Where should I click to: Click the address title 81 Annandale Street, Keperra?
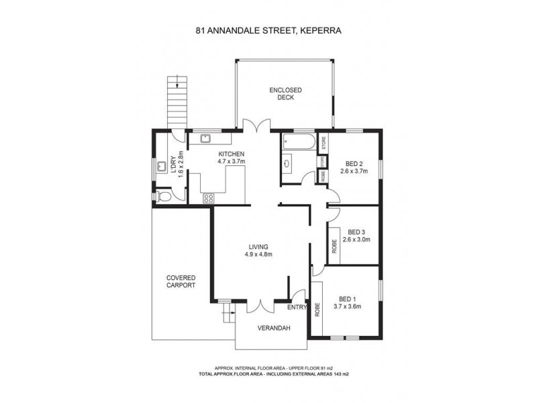click(268, 30)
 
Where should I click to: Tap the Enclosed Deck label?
click(285, 93)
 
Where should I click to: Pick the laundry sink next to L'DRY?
click(160, 167)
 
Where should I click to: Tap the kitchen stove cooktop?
click(209, 197)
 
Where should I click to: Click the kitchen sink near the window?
click(205, 139)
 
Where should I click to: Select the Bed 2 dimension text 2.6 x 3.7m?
click(354, 172)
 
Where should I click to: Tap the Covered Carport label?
click(181, 281)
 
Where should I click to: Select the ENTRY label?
click(297, 307)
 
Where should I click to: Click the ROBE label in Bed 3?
click(334, 247)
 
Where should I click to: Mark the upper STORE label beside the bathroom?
click(324, 142)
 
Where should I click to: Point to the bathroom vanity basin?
click(288, 162)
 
